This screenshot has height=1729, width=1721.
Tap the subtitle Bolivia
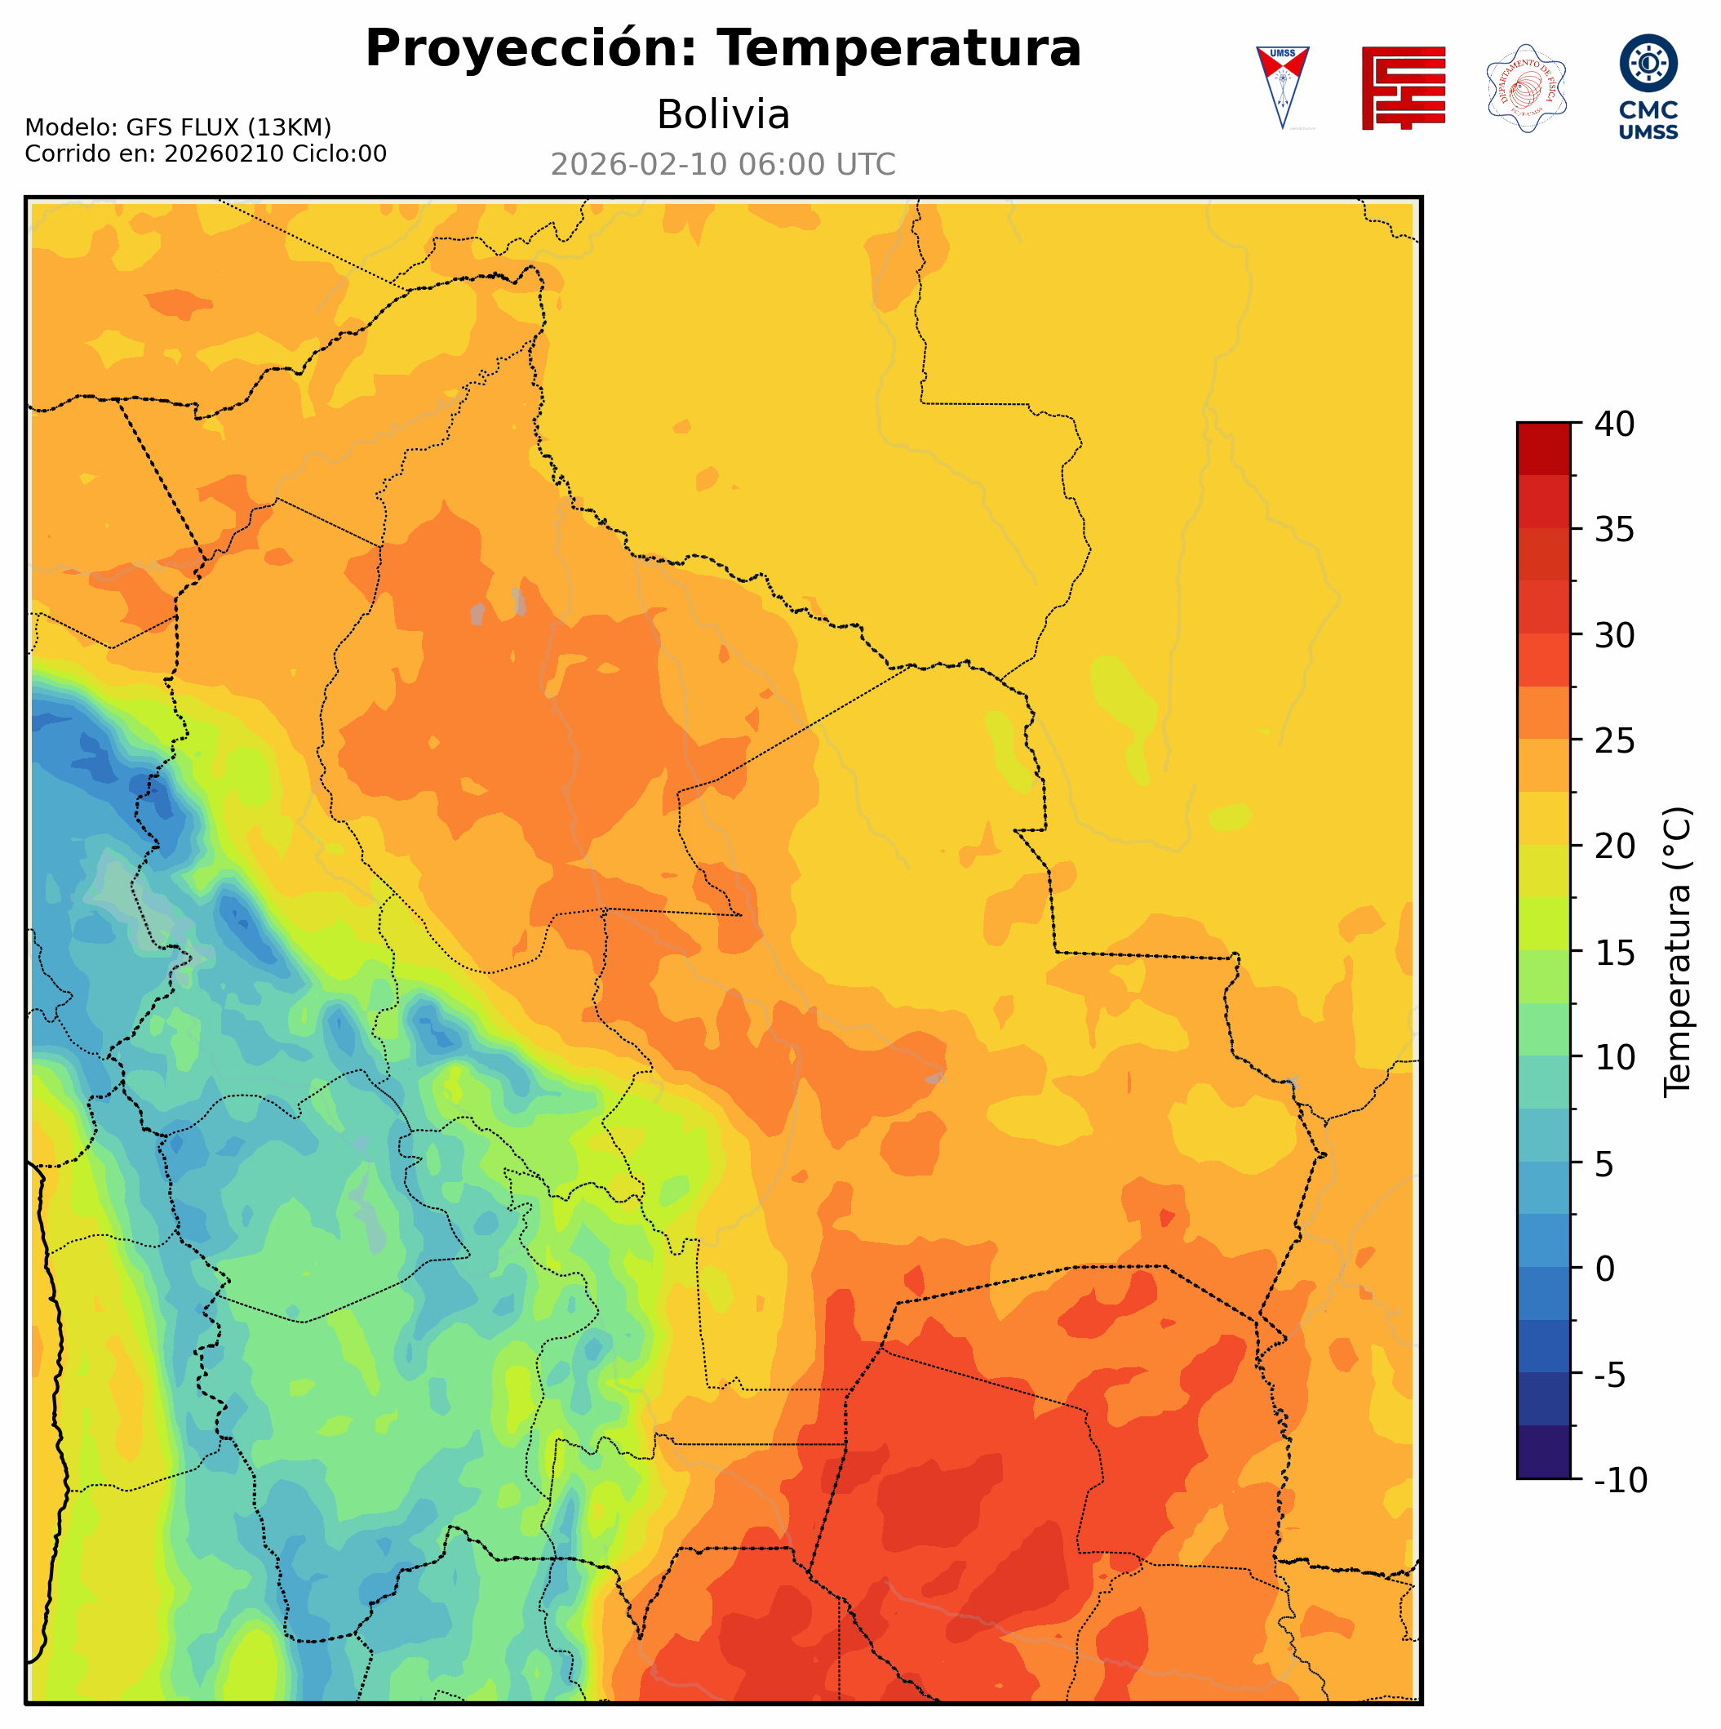pos(723,114)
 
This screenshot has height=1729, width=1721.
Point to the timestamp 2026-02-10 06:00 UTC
pos(723,165)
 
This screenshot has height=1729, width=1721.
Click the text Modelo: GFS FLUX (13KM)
pos(178,127)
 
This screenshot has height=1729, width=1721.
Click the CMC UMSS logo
pos(1648,87)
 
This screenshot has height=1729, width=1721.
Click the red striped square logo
pos(1403,87)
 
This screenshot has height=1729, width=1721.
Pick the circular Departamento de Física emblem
pos(1526,87)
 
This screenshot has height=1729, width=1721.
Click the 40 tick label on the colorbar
pos(1615,424)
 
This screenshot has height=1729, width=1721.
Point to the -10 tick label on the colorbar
pos(1620,1481)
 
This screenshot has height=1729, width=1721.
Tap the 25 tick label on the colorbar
pos(1615,741)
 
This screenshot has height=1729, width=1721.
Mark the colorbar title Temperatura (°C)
pos(1678,952)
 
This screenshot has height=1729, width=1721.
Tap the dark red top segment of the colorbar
pos(1543,448)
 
